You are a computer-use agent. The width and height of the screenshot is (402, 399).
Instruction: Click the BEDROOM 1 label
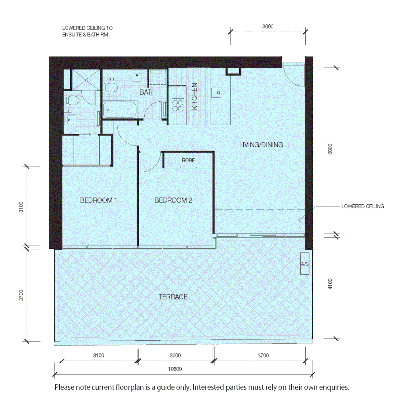(99, 201)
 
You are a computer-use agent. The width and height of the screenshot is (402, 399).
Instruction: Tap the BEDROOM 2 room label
(173, 201)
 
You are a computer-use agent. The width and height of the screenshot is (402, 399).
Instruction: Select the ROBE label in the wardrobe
(188, 161)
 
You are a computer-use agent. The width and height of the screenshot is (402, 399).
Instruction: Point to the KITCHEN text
(195, 96)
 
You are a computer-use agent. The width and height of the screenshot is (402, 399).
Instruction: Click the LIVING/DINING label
(261, 145)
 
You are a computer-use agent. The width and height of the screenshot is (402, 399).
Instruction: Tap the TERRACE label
(173, 297)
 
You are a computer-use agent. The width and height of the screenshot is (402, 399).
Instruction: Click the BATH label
(147, 92)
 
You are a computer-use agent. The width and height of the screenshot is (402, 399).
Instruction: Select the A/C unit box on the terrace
(305, 264)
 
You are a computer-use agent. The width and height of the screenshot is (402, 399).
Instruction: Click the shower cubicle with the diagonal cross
(86, 79)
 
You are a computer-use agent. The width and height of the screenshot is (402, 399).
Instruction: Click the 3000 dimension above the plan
(268, 27)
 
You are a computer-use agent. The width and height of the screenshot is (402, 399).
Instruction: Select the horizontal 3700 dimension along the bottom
(263, 355)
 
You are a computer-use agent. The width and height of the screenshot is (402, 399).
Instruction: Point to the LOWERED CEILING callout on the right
(363, 206)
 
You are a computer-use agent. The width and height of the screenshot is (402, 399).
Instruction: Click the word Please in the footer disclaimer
(64, 388)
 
